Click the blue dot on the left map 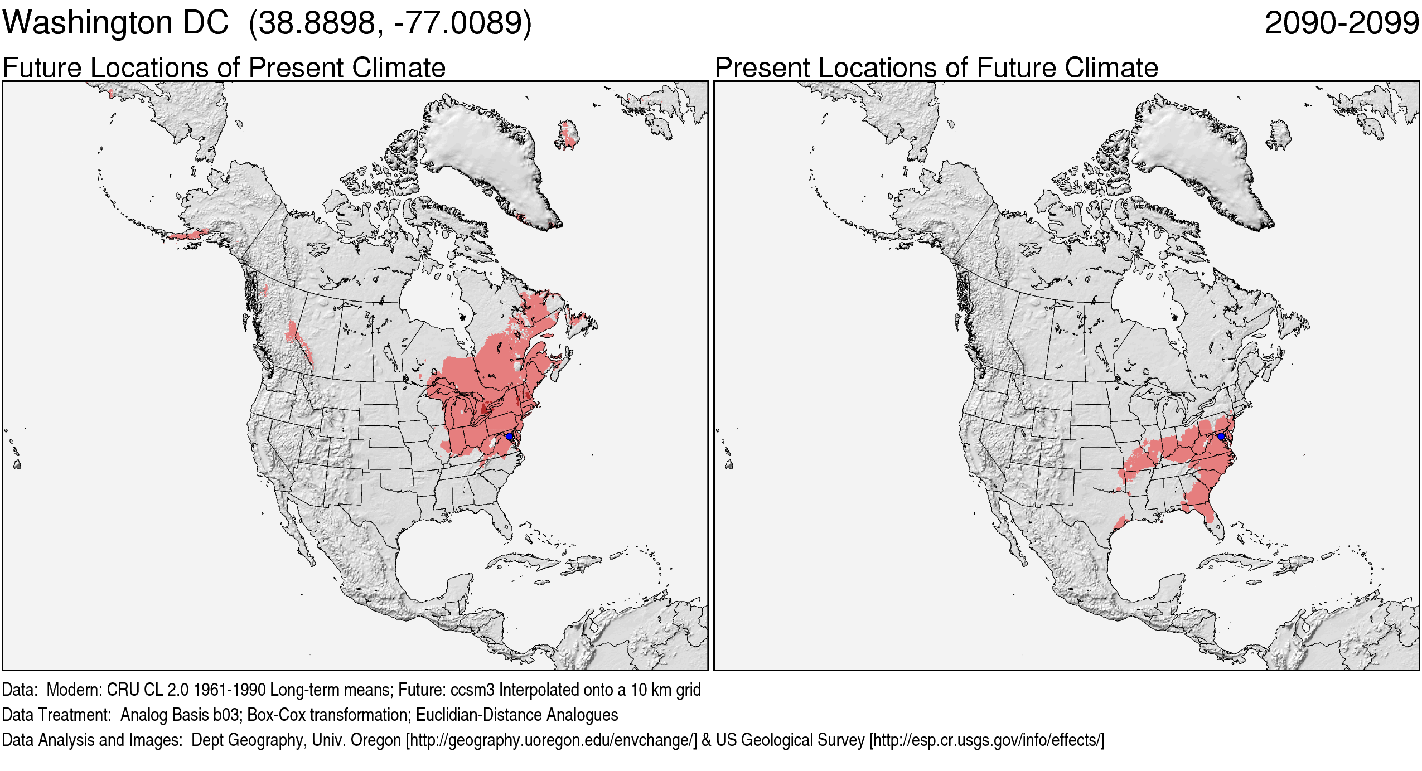point(509,437)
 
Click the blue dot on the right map point(1221,437)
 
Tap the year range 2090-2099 point(1341,23)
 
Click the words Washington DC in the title point(115,23)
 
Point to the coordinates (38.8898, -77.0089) point(390,23)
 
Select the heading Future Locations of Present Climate point(224,68)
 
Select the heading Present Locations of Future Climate point(936,68)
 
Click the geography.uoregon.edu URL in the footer point(552,740)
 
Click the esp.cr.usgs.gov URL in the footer point(986,740)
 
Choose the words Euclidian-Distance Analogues point(517,715)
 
